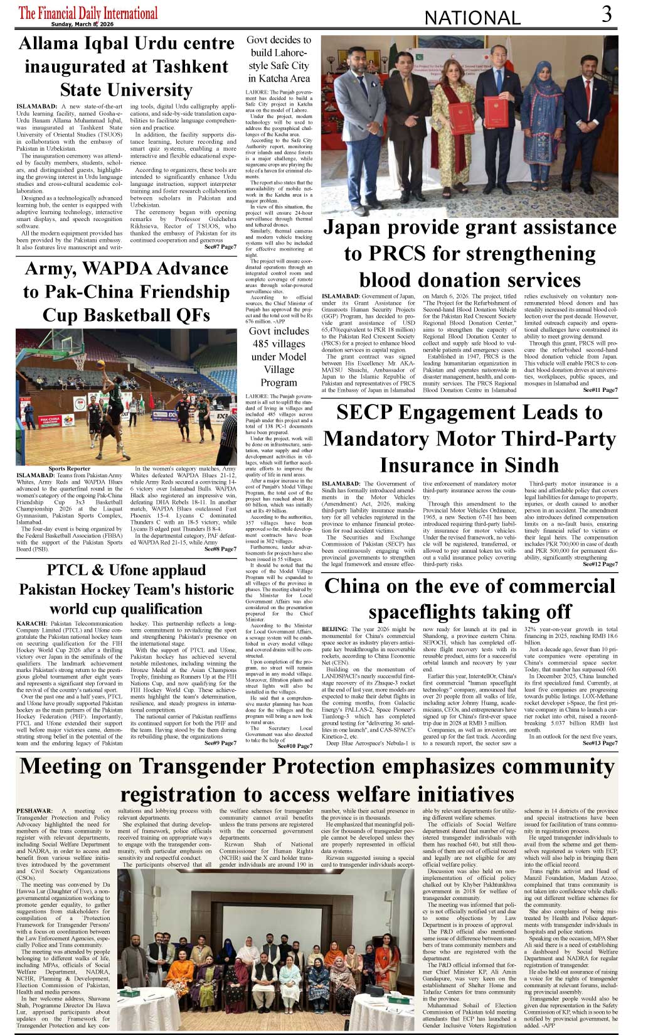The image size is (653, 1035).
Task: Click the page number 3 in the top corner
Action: click(606, 14)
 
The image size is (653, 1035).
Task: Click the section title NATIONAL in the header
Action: click(472, 18)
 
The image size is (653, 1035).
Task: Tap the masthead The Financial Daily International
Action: click(88, 13)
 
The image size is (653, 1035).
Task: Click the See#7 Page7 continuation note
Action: click(220, 247)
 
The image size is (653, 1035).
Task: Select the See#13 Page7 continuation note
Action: click(600, 743)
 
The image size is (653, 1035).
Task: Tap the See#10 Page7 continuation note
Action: click(294, 746)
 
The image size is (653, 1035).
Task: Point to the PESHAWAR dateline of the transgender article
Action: click(35, 811)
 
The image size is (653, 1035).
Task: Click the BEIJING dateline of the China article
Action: click(334, 629)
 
